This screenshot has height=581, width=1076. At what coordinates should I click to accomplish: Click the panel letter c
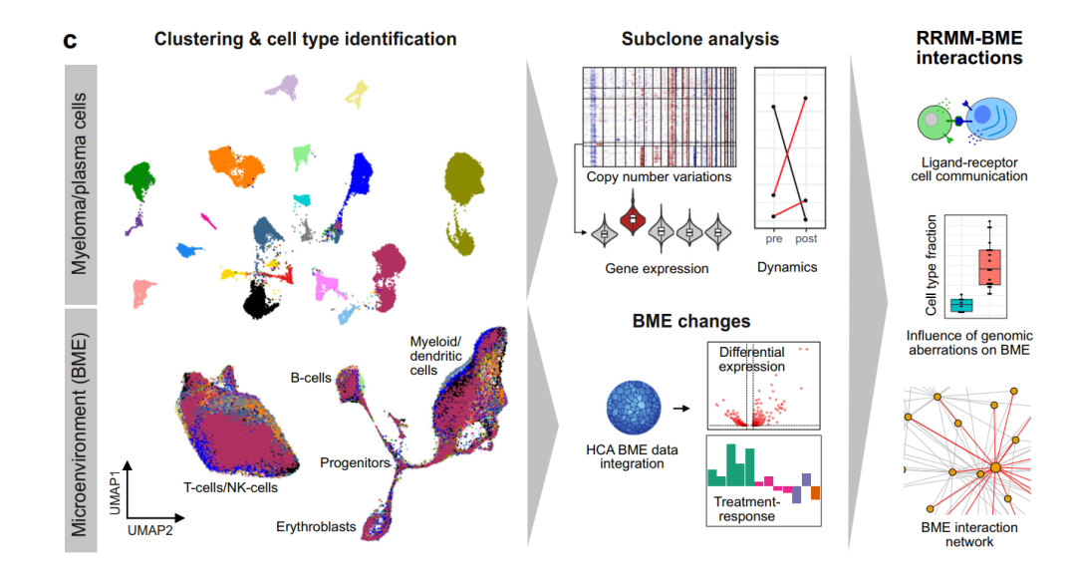coord(70,41)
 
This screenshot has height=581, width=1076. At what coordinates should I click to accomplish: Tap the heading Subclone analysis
coord(700,39)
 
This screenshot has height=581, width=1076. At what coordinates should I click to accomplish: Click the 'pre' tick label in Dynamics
coord(773,239)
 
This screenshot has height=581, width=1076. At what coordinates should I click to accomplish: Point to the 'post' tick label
coord(806,239)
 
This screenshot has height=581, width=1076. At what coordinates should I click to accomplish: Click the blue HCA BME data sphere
coord(634,408)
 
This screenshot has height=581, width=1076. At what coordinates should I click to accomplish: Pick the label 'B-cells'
coord(311,378)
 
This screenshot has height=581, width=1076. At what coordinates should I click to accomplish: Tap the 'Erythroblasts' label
coord(316,527)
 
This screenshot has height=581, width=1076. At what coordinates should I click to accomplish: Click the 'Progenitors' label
coord(355,462)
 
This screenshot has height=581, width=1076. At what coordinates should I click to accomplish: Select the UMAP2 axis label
coord(150,530)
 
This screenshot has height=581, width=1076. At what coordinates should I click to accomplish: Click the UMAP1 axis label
coord(115,492)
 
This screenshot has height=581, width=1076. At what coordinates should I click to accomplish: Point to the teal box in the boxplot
coord(961,305)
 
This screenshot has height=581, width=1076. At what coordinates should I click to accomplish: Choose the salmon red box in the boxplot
coord(989,267)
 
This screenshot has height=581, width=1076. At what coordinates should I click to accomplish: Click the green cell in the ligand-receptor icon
coord(935,122)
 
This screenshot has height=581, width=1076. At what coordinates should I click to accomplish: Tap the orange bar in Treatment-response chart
coord(815,493)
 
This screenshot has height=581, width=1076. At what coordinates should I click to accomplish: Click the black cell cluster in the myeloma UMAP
coord(260,299)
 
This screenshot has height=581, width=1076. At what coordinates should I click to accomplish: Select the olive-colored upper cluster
coord(464,177)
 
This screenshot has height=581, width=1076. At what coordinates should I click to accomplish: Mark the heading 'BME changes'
coord(691,322)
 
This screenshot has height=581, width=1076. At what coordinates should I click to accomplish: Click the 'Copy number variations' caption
coord(659,177)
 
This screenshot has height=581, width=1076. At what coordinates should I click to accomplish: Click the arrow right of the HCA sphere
coord(680,408)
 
